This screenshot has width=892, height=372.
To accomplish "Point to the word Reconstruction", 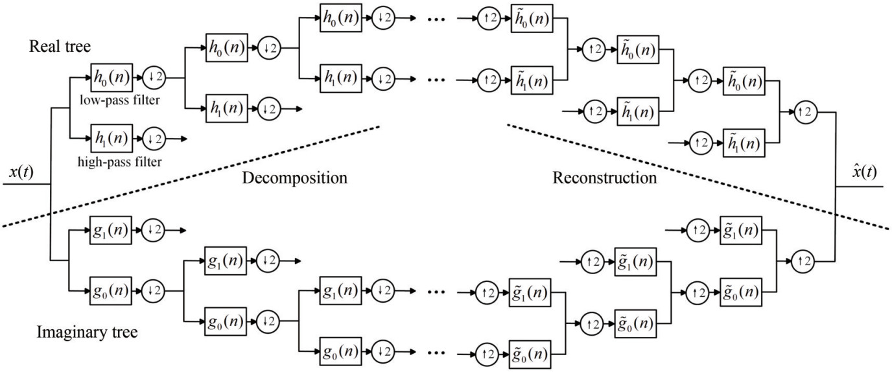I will (604, 178).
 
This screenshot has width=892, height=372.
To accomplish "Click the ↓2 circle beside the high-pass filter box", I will (154, 138).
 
